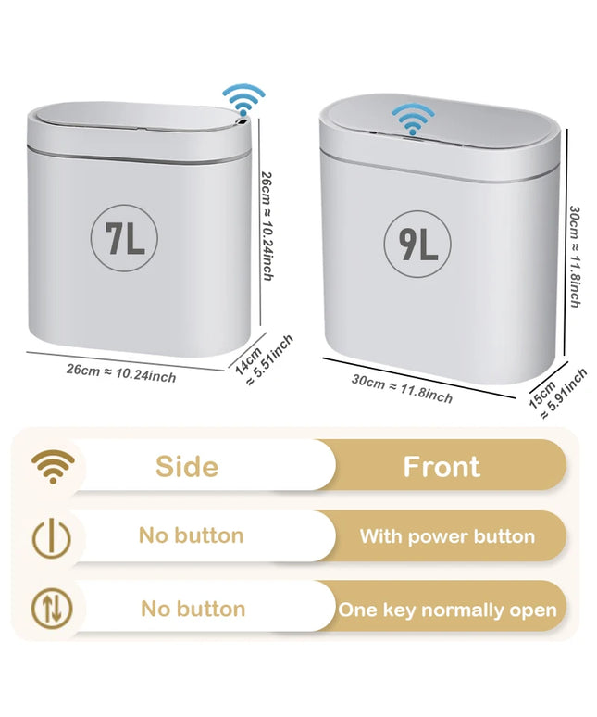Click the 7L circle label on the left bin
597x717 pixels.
coord(124,238)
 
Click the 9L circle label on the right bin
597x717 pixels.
coord(417,244)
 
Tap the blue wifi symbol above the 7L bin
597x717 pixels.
coord(243,99)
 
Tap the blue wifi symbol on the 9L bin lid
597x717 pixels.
coord(414,119)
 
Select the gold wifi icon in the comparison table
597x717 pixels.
coord(53,466)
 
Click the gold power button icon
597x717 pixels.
coord(52,537)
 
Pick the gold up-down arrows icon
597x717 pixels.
coord(52,609)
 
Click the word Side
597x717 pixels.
coord(187,467)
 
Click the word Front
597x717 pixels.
coord(442,466)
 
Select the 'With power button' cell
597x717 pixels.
coord(447,536)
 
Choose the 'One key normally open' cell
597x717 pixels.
coord(448,610)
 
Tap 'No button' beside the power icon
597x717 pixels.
coord(191,535)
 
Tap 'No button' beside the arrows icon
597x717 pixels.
coord(193,610)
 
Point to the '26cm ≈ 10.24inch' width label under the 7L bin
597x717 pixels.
coord(121,373)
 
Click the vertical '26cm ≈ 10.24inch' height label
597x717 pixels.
coord(267,226)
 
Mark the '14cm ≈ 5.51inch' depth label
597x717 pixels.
coord(264,360)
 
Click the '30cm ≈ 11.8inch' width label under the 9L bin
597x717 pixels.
coord(402,389)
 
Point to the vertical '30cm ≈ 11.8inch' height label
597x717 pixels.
coord(575,257)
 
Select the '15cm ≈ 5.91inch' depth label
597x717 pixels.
coord(557,394)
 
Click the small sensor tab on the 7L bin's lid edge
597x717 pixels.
coord(243,122)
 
